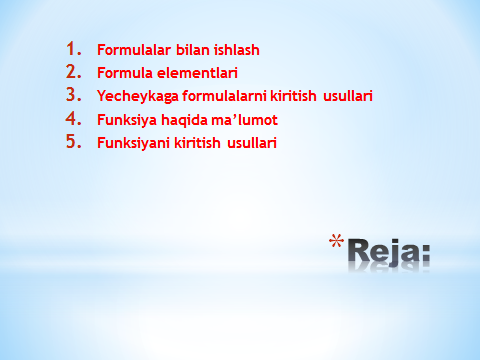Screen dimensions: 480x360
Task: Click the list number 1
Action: click(74, 49)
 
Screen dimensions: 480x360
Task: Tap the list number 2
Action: click(74, 72)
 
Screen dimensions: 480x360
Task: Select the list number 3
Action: click(74, 95)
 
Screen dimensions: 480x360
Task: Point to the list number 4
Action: click(74, 118)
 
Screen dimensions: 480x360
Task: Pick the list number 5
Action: click(74, 141)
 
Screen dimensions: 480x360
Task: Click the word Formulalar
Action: click(134, 50)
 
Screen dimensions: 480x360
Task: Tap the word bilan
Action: click(193, 50)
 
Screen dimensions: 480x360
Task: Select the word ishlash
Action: click(237, 50)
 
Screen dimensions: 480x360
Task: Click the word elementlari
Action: click(197, 73)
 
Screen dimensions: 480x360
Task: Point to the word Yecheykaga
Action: click(138, 96)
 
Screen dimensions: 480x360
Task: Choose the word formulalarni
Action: click(224, 96)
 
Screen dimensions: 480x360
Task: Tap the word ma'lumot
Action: click(244, 120)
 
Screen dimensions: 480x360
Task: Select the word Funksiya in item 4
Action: click(127, 120)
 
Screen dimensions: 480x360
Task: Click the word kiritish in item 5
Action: click(197, 143)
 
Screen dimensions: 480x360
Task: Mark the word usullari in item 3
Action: click(348, 96)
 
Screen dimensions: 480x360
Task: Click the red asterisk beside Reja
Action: click(336, 241)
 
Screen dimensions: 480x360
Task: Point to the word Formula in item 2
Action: click(125, 73)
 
